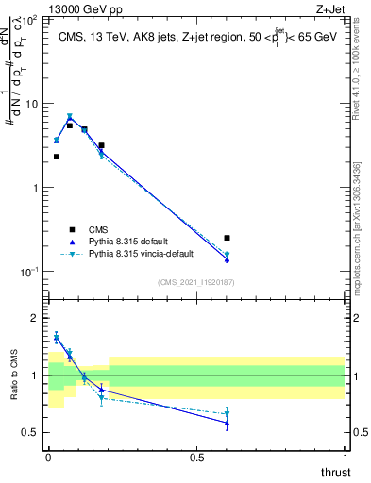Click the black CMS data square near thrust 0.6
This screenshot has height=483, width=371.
tap(227, 238)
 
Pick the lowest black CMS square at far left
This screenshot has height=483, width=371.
tap(56, 157)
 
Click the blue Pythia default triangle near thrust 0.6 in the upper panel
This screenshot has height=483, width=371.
tap(227, 259)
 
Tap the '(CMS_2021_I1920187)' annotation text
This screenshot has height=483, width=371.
tap(196, 282)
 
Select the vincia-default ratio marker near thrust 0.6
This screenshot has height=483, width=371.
tap(227, 414)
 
